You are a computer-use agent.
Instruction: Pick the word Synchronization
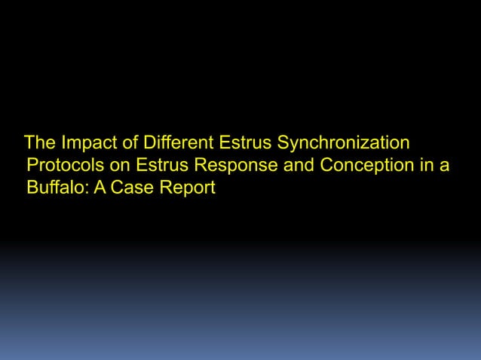click(344, 143)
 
